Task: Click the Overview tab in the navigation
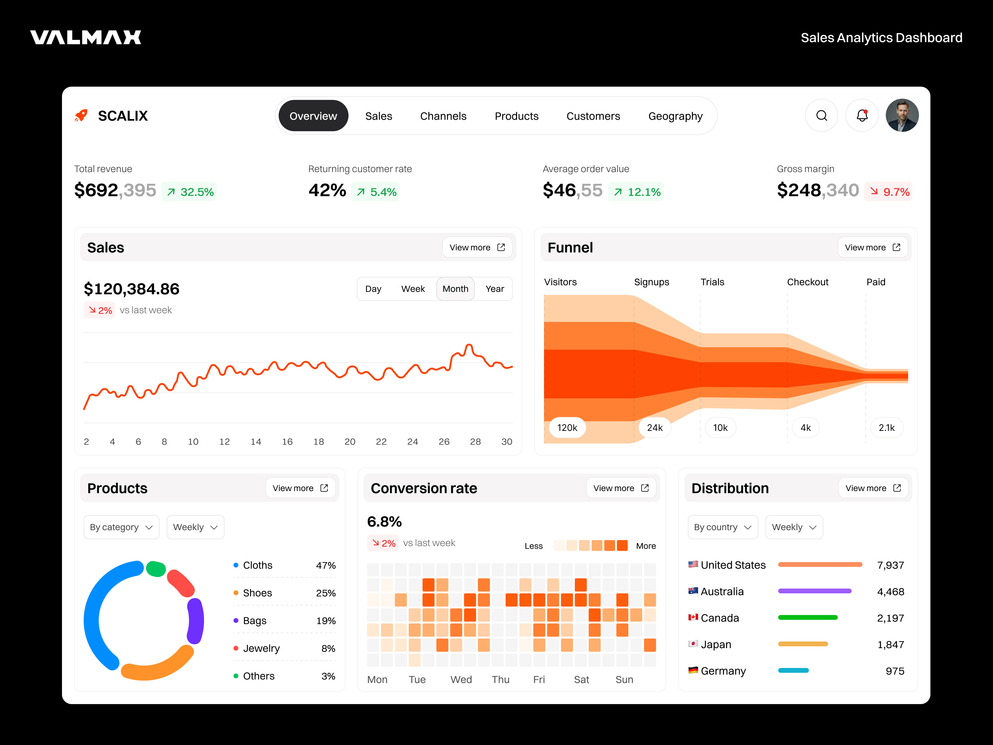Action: (x=313, y=116)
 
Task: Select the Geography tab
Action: (x=675, y=116)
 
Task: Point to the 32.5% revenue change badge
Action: (x=190, y=192)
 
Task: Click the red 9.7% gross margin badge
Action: (x=889, y=192)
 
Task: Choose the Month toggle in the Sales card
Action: (x=455, y=289)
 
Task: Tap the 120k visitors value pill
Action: (x=567, y=428)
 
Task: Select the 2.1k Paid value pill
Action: (x=886, y=428)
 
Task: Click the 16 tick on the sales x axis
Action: (x=287, y=442)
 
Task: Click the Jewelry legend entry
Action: (x=261, y=648)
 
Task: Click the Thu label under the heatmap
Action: (x=500, y=679)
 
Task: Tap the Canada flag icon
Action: (x=693, y=617)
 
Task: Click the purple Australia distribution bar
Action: (x=814, y=591)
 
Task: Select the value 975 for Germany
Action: (x=895, y=671)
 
